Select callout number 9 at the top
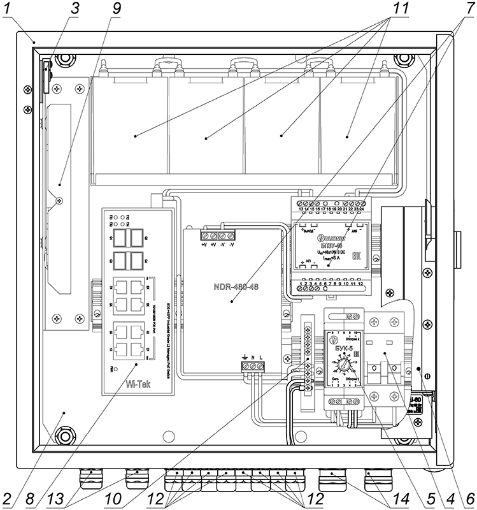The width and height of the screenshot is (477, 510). pyautogui.click(x=116, y=10)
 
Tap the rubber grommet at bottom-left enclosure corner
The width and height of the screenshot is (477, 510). pyautogui.click(x=64, y=437)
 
